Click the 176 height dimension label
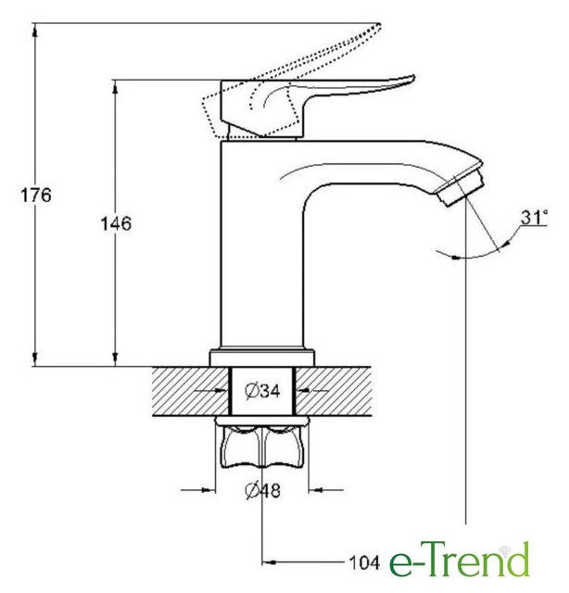pos(35,196)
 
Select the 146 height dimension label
pos(116,223)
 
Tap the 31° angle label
pos(534,217)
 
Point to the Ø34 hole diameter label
pos(262,390)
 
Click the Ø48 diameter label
pos(262,490)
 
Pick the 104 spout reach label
pos(364,563)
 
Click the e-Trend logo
pos(460,559)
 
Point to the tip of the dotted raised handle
pos(379,25)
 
